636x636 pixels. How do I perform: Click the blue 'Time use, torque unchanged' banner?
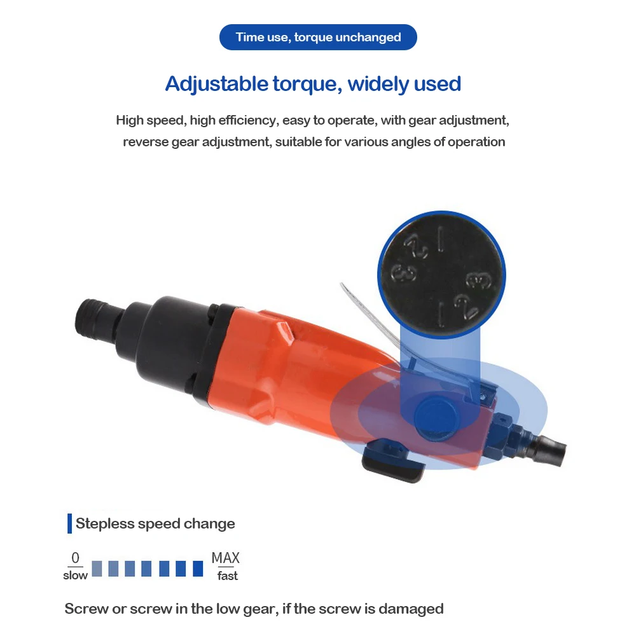[318, 37]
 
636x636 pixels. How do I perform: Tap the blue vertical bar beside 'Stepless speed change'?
[69, 524]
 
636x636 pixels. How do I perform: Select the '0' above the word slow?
[75, 558]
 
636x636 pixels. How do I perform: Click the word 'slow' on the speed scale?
[75, 576]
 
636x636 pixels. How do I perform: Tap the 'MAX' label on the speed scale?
[226, 558]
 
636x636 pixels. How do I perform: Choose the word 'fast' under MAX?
[227, 576]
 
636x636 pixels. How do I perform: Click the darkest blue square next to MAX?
[198, 568]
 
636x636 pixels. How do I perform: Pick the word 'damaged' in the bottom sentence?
[414, 609]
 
